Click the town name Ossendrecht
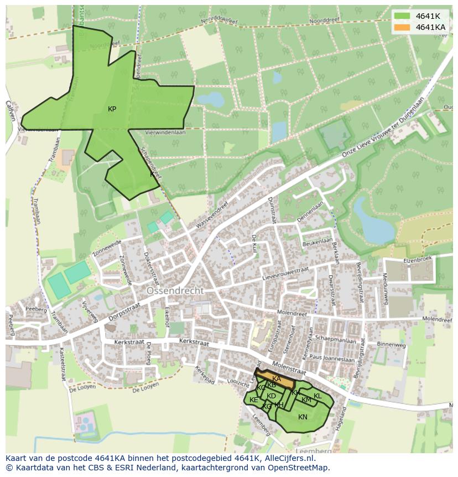[175, 291]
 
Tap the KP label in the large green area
[112, 109]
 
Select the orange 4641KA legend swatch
[402, 27]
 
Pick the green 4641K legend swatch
[402, 16]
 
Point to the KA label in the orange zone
[277, 378]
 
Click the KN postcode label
[303, 417]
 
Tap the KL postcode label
[318, 396]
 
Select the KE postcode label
[253, 400]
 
